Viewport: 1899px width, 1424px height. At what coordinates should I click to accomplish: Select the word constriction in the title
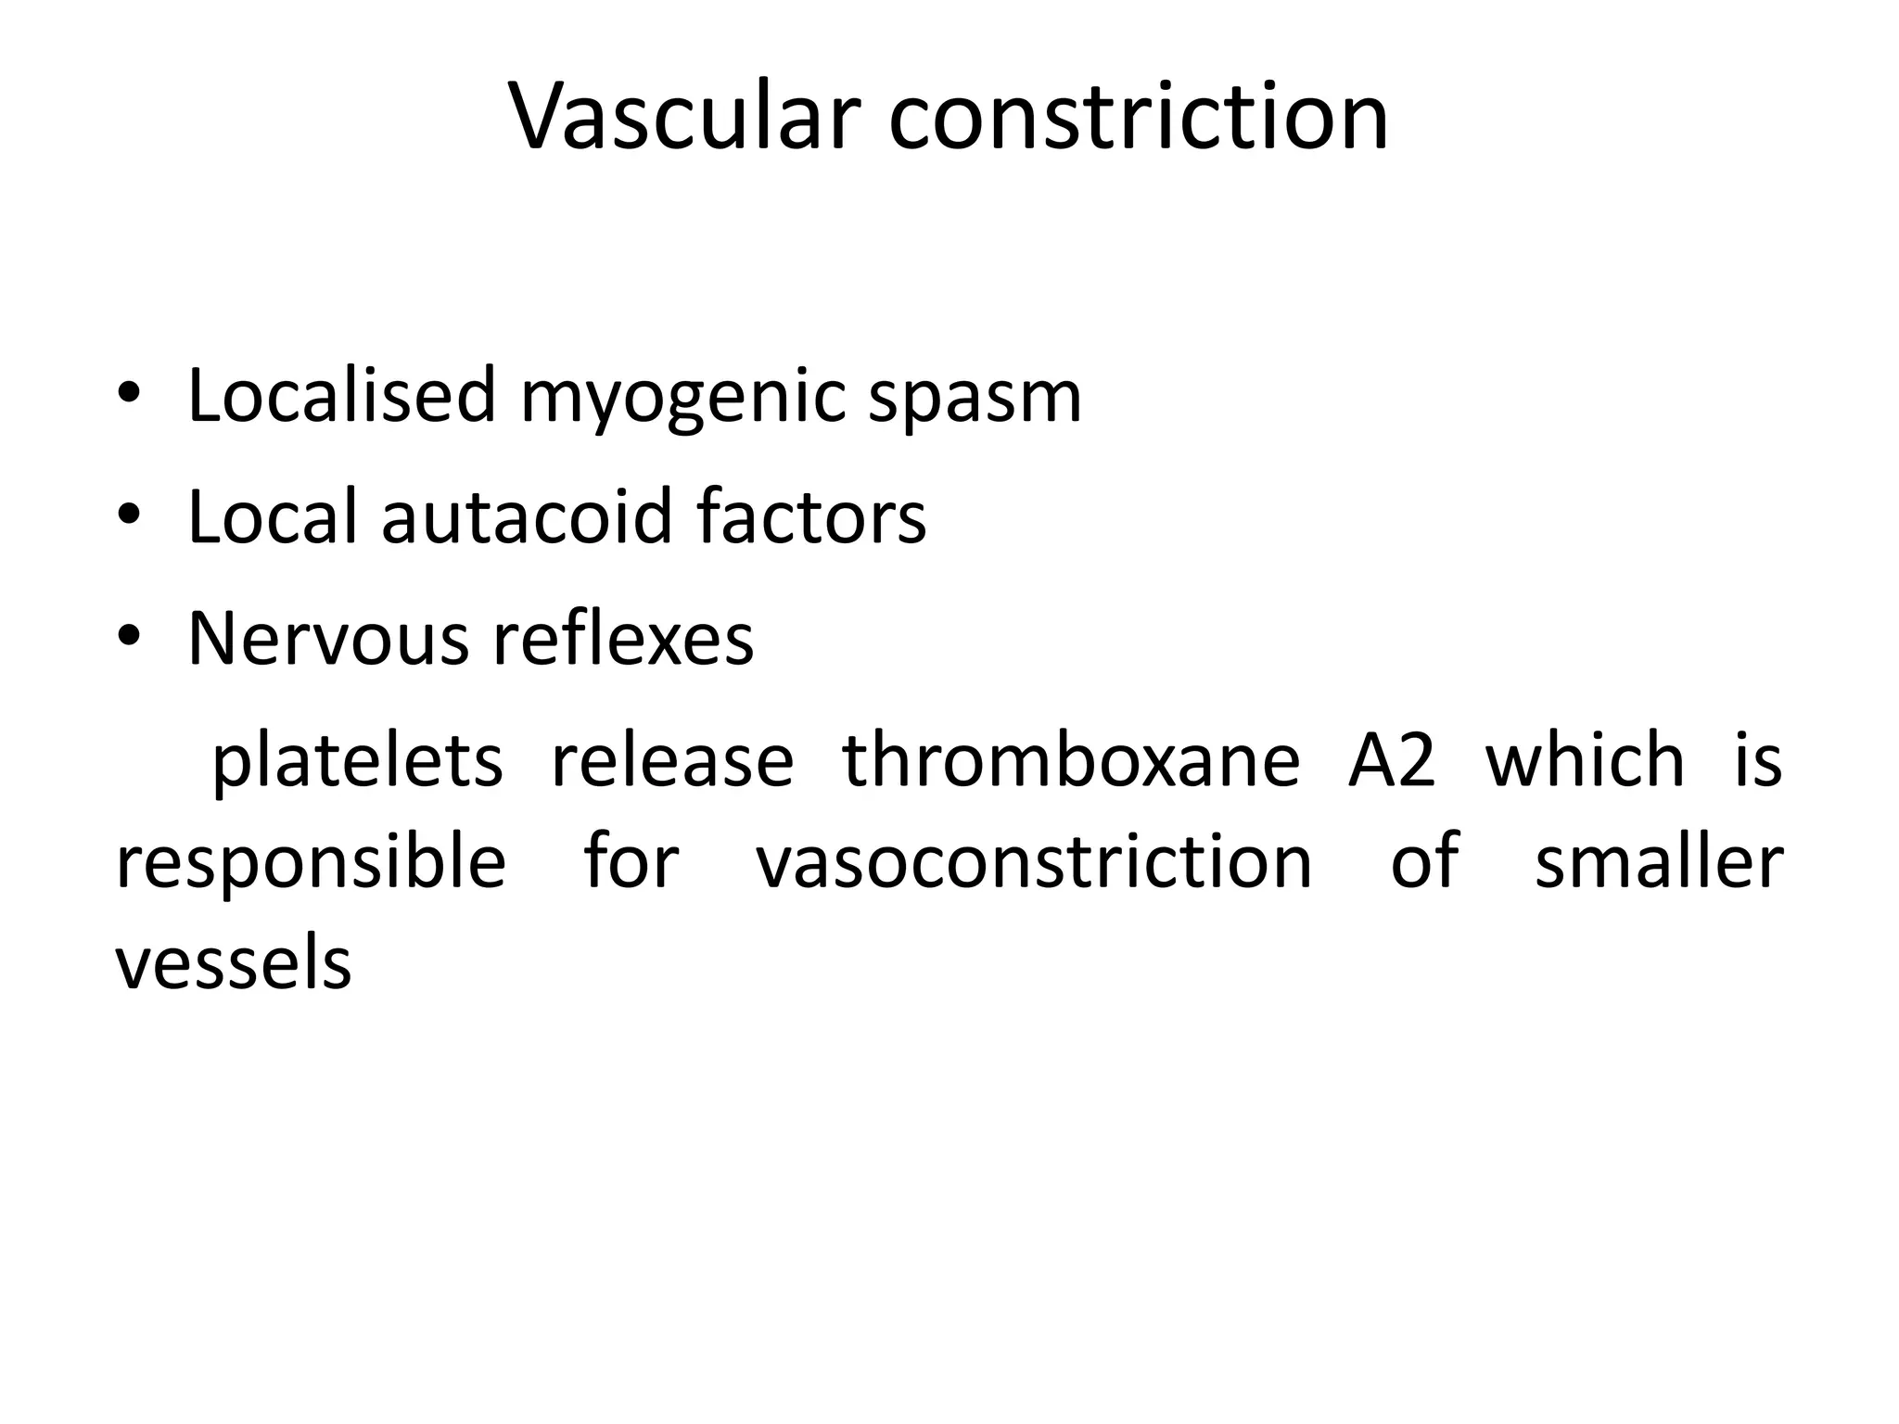(1138, 117)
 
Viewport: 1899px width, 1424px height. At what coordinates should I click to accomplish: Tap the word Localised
(342, 396)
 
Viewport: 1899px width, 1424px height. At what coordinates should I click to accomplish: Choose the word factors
(811, 517)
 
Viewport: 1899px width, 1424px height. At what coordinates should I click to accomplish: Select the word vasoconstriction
(1034, 862)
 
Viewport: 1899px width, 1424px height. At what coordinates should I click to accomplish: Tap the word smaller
(1659, 862)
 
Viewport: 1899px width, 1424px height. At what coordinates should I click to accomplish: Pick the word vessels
(234, 964)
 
